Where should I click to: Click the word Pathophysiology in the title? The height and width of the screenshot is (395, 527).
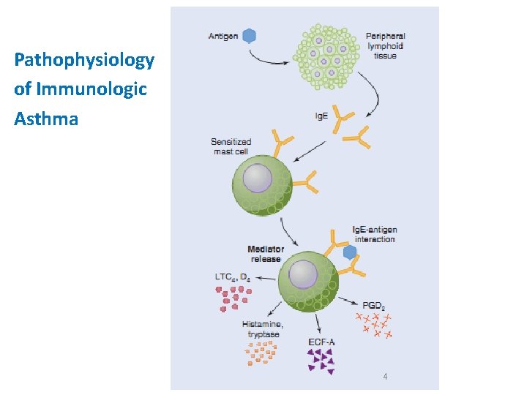pyautogui.click(x=84, y=60)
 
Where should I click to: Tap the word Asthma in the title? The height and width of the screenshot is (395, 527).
pyautogui.click(x=46, y=118)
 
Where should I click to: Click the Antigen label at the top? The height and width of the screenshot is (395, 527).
pyautogui.click(x=223, y=36)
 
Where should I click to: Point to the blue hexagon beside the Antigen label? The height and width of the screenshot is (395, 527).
pyautogui.click(x=250, y=35)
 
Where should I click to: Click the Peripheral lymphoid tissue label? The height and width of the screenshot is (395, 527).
pyautogui.click(x=385, y=45)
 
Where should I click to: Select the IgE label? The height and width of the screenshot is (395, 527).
pyautogui.click(x=321, y=116)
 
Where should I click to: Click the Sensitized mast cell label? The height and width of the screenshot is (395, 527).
pyautogui.click(x=231, y=146)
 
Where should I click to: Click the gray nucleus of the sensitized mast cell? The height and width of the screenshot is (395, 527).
pyautogui.click(x=258, y=179)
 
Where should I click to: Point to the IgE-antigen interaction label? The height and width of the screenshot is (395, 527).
pyautogui.click(x=374, y=235)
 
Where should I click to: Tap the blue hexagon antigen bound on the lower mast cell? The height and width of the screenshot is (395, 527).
pyautogui.click(x=350, y=252)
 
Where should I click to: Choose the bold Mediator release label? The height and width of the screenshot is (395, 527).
pyautogui.click(x=266, y=254)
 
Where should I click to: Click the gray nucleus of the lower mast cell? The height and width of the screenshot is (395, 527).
pyautogui.click(x=303, y=274)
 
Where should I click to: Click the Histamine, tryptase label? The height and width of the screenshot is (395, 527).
pyautogui.click(x=263, y=328)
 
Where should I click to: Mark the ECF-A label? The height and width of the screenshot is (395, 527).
pyautogui.click(x=323, y=342)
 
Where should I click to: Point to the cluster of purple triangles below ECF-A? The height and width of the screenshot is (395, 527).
pyautogui.click(x=321, y=360)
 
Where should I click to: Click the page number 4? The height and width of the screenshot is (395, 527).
pyautogui.click(x=385, y=377)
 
